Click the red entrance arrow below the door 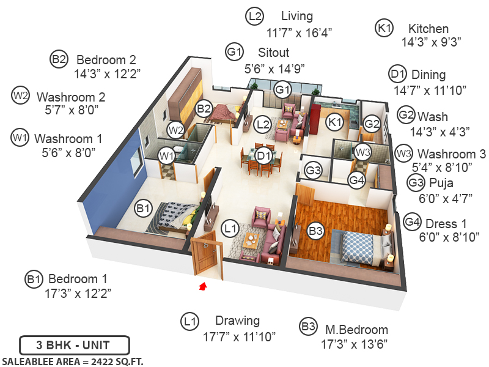pos(203,284)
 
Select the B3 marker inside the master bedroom pos(315,231)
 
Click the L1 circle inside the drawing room pos(230,229)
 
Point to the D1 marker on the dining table pos(263,155)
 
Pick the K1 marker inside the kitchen pos(334,122)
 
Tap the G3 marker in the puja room pos(314,170)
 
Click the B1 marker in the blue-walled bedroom pos(144,209)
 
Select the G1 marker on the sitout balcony pos(282,90)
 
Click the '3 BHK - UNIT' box pos(74,345)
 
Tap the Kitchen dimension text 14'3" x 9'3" pos(431,42)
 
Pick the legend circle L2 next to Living pos(255,17)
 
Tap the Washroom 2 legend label pos(71,97)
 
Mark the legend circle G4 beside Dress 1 pos(413,221)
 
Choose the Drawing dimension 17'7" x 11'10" pos(240,336)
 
